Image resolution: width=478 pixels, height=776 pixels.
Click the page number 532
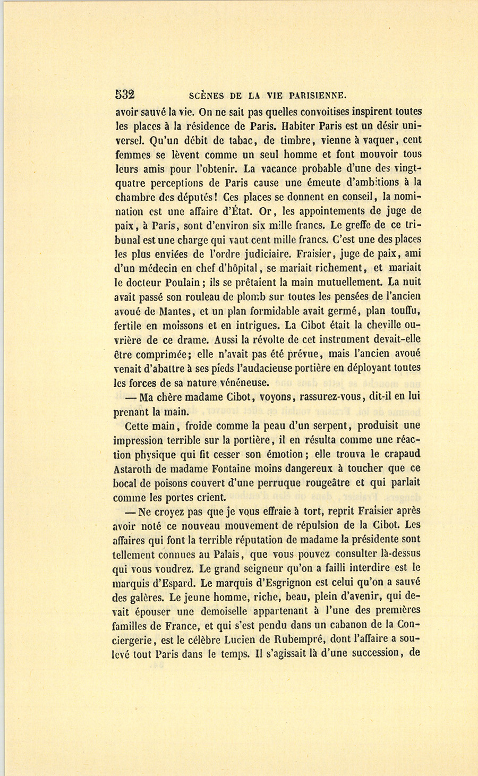(125, 95)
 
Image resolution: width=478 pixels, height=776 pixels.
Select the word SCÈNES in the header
(207, 96)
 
